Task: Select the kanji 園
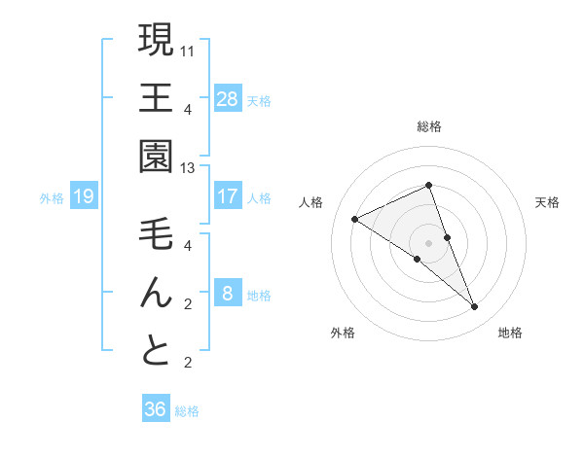coord(156,156)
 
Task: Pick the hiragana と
coord(156,350)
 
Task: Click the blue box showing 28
coord(228,98)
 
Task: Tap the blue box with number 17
coord(228,196)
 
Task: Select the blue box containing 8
coord(228,294)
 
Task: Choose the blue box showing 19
coord(83,197)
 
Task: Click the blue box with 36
coord(155,409)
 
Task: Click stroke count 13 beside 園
coord(188,168)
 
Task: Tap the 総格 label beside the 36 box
coord(188,411)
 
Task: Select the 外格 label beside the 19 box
coord(52,198)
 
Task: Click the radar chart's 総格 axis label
coord(429,126)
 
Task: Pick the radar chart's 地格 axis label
coord(510,333)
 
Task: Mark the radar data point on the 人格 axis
coord(355,219)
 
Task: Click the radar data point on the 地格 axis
coord(475,307)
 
